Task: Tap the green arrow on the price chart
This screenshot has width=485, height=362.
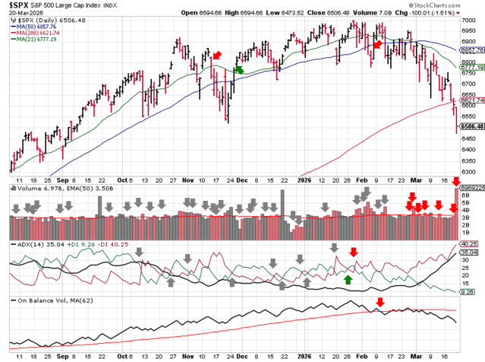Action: point(239,69)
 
